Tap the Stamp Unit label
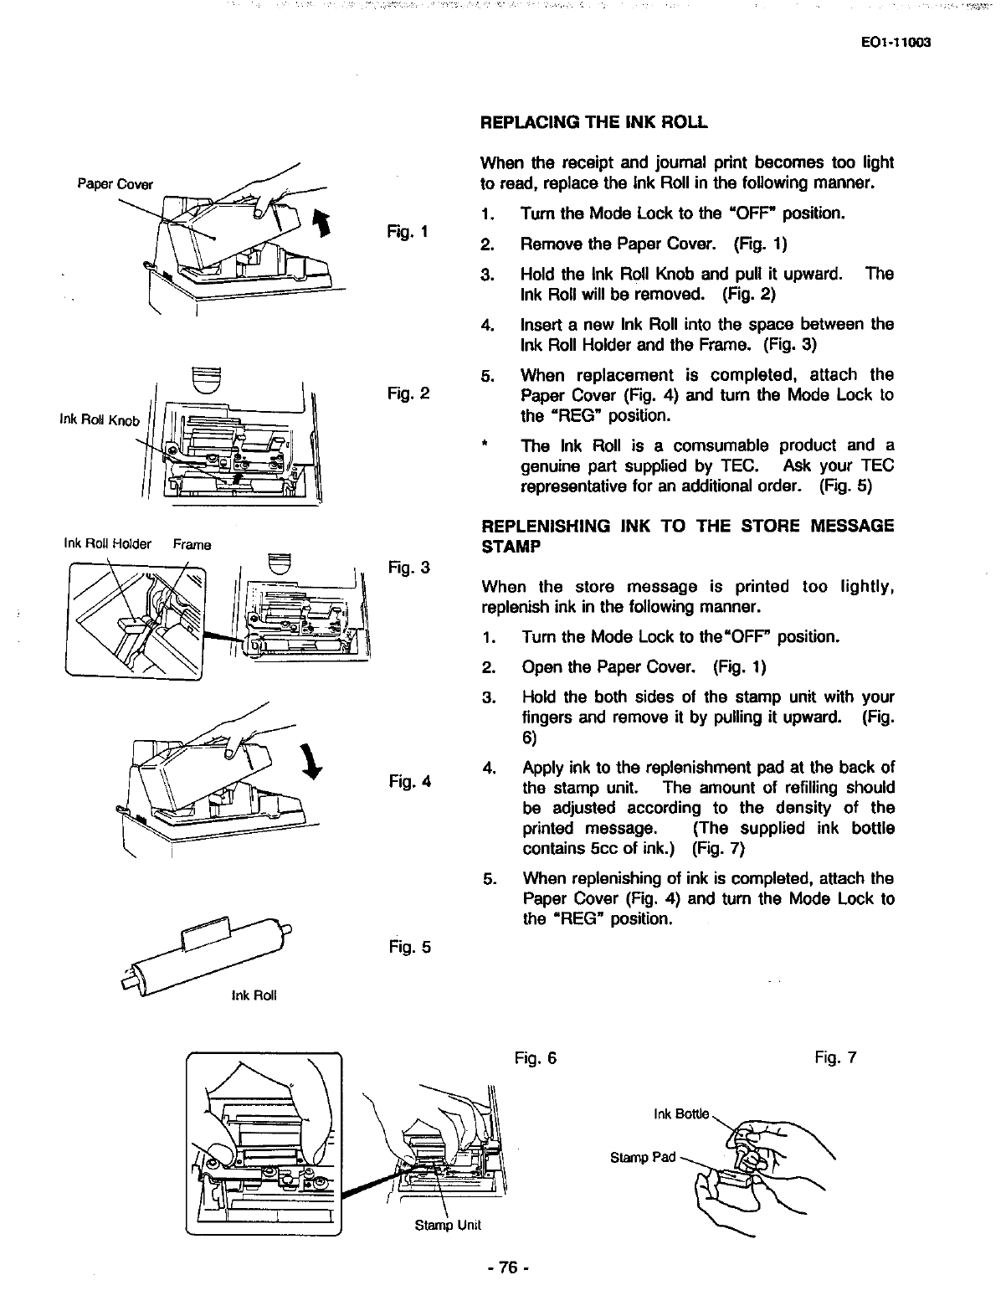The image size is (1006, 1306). coord(448,1225)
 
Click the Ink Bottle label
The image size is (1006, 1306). coord(680,1114)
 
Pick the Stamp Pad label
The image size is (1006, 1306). coord(642,1158)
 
